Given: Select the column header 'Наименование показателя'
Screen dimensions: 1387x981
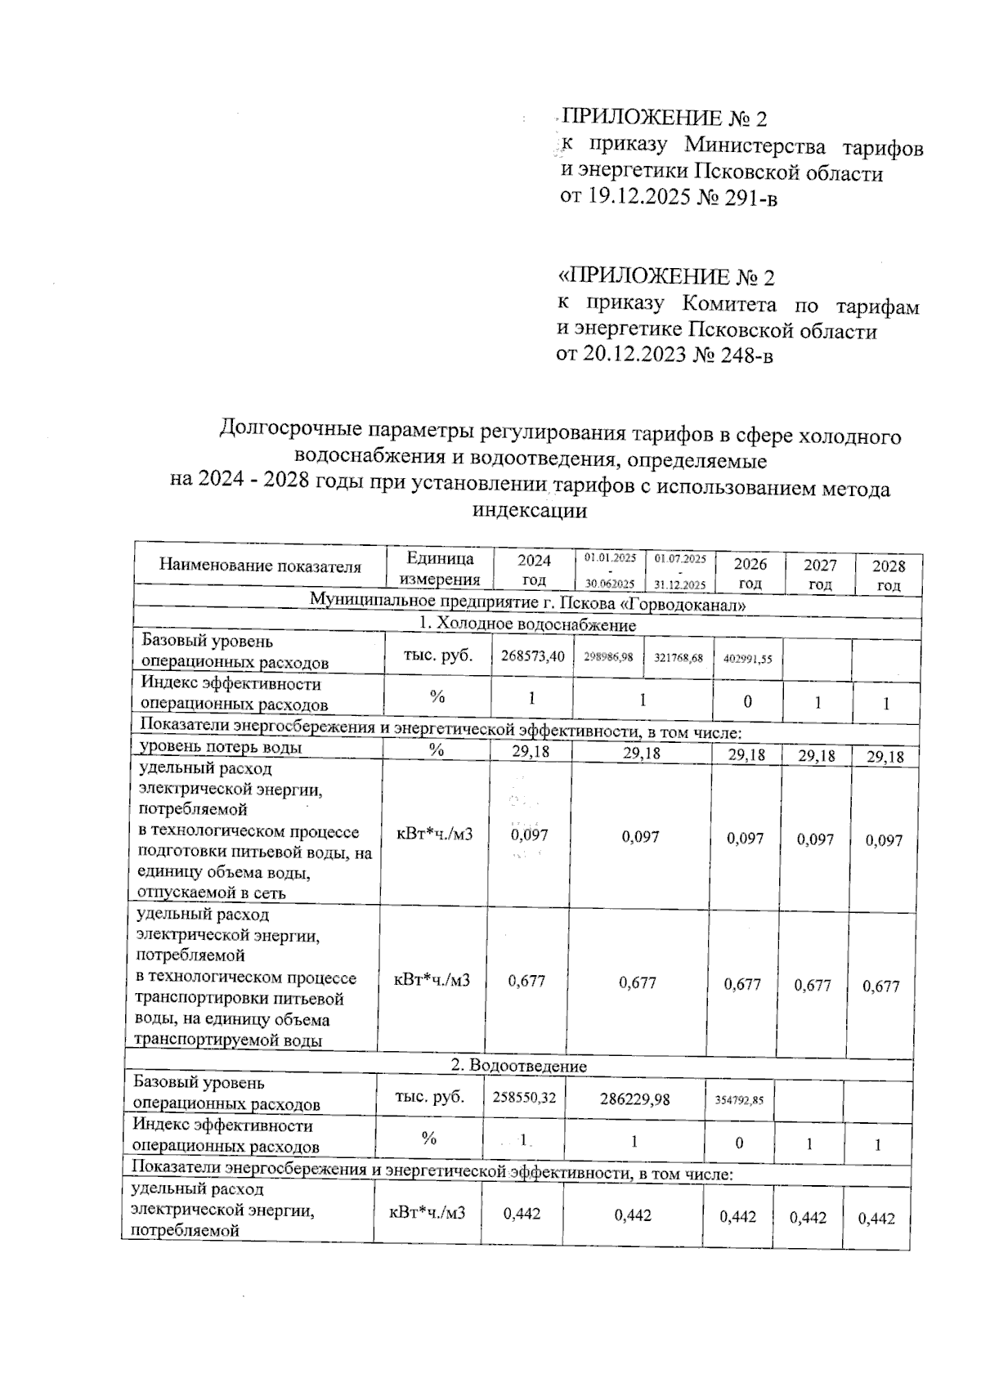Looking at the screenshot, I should pos(260,566).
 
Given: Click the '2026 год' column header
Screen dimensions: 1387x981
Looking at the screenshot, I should pos(750,573).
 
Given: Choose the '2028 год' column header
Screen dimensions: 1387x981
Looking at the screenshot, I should pos(889,575).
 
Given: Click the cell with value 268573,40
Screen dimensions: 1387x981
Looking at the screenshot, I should pos(532,656).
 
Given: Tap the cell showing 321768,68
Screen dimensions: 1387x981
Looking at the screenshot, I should pos(679,658).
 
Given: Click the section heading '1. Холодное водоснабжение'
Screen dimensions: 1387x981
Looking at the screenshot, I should pos(527,625).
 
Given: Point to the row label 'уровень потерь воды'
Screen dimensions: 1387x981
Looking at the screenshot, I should pos(221,747).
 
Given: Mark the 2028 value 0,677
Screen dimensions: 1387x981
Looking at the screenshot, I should pos(880,987).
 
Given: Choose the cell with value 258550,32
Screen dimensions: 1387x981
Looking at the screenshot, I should pos(524,1098).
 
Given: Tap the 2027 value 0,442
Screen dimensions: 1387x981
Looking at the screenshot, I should pos(808,1218).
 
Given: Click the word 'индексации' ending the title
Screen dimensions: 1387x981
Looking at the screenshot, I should pos(530,512).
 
